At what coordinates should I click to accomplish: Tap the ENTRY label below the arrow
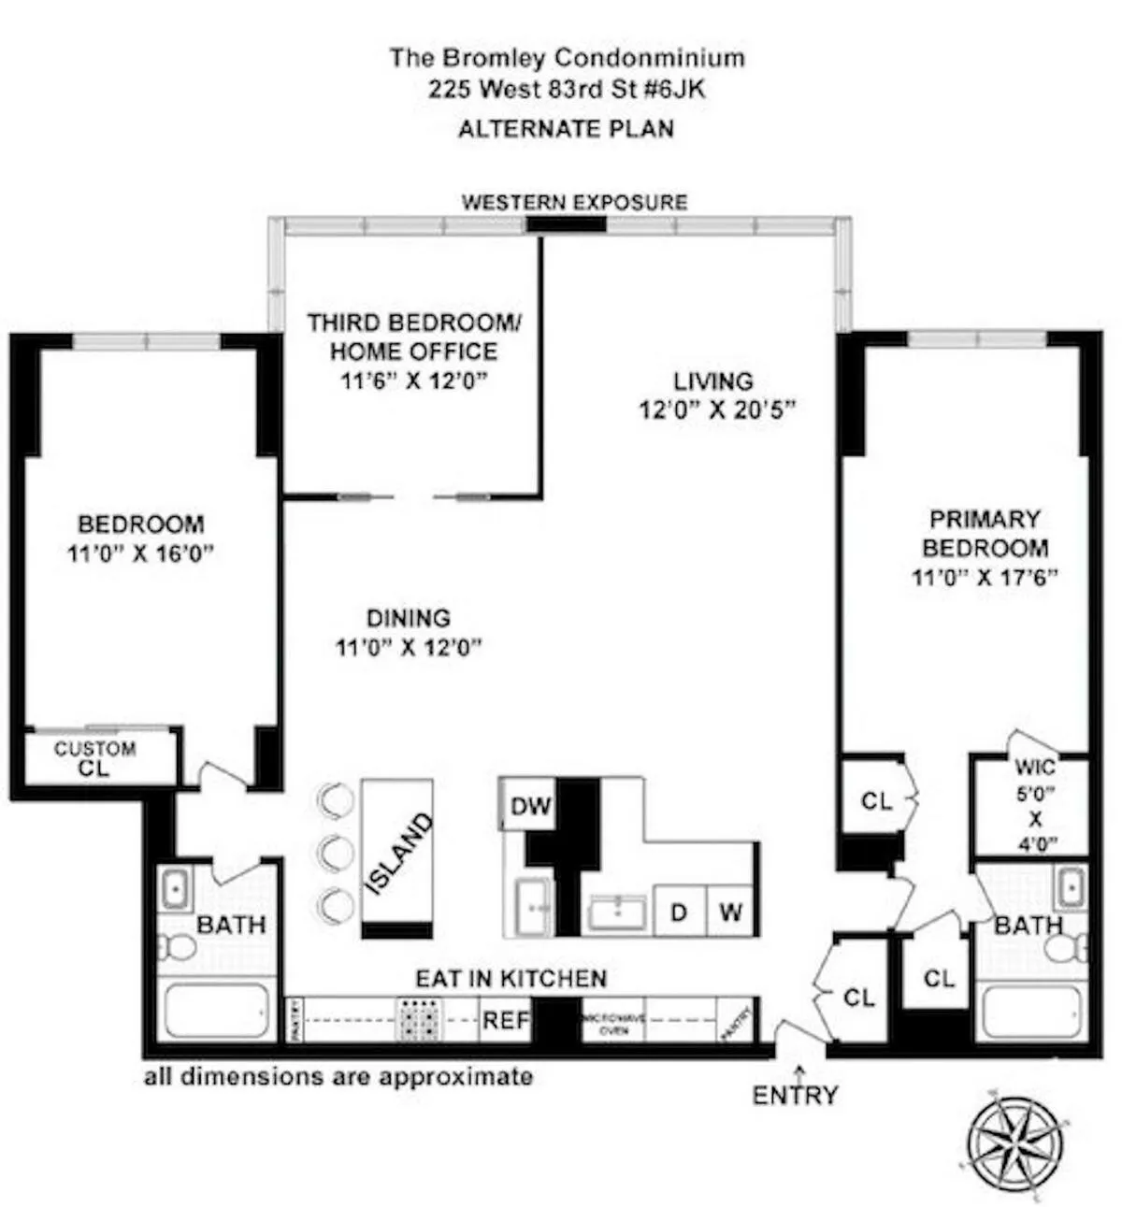coord(795,1095)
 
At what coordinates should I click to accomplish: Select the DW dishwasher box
coord(530,806)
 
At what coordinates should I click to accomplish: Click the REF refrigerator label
coord(506,1020)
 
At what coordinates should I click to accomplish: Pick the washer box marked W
coord(730,911)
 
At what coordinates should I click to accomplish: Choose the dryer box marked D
coord(680,911)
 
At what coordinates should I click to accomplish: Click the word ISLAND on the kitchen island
coord(398,853)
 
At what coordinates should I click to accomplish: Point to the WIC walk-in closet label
coord(1034,768)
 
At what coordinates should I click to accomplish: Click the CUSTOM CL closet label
coord(94,758)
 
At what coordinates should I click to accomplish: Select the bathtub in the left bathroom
coord(216,1010)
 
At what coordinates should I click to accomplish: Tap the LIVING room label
coord(713,381)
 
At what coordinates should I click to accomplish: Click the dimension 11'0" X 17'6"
coord(985,577)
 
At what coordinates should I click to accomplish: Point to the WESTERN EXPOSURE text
coord(574,203)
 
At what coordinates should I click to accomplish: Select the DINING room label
coord(408,618)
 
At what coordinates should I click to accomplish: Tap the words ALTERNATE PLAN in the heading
coord(566,129)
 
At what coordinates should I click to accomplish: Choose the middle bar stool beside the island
coord(335,852)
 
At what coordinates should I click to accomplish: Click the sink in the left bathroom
coord(175,887)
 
